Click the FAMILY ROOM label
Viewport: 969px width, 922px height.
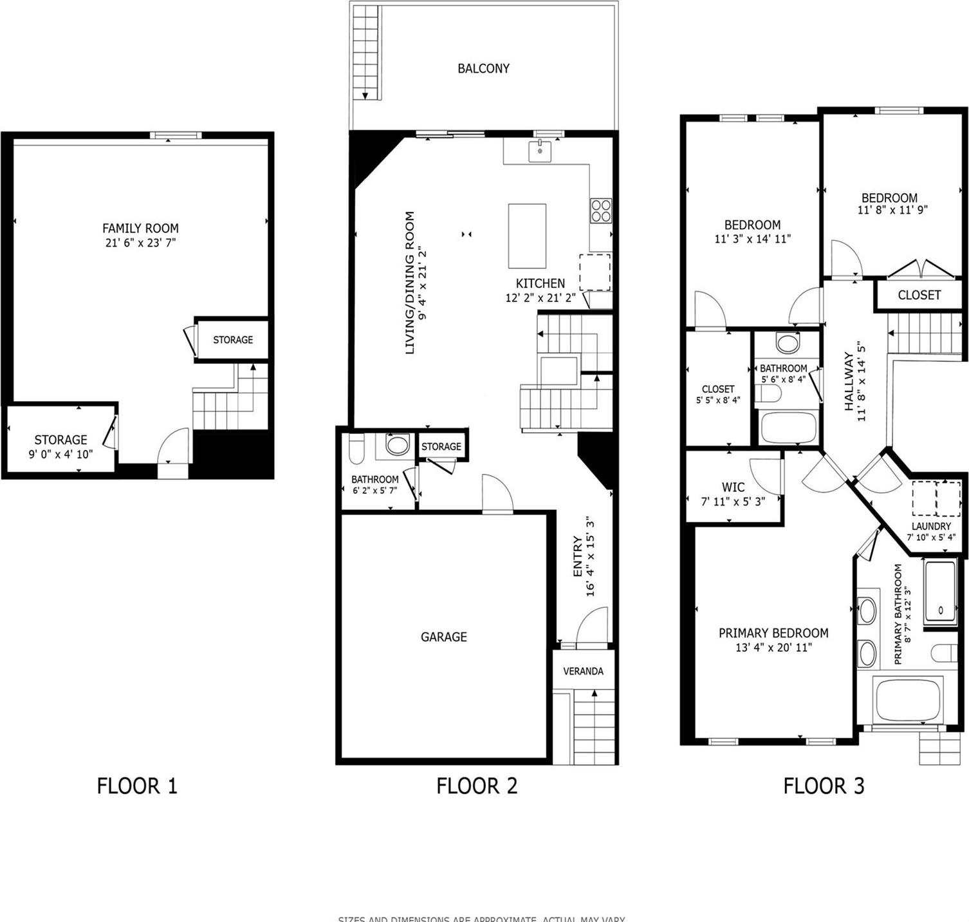140,228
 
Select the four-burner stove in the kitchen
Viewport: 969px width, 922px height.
601,211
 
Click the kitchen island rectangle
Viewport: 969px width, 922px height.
527,236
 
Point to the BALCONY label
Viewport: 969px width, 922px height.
483,68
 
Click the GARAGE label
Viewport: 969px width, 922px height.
443,637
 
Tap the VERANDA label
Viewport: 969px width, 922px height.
583,671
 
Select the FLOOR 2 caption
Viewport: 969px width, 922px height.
476,786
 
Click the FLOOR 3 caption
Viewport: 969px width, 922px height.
824,786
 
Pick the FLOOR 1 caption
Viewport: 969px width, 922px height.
136,786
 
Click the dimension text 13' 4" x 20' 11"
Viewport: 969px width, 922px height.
773,648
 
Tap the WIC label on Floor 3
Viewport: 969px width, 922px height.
733,487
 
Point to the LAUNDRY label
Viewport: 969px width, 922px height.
930,526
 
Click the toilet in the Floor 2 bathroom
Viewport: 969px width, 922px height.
356,449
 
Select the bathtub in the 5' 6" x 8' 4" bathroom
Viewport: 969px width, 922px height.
788,427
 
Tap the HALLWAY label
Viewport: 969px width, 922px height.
848,381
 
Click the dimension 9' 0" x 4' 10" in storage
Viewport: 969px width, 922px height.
60,454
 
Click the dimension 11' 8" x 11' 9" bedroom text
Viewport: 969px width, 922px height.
892,210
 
